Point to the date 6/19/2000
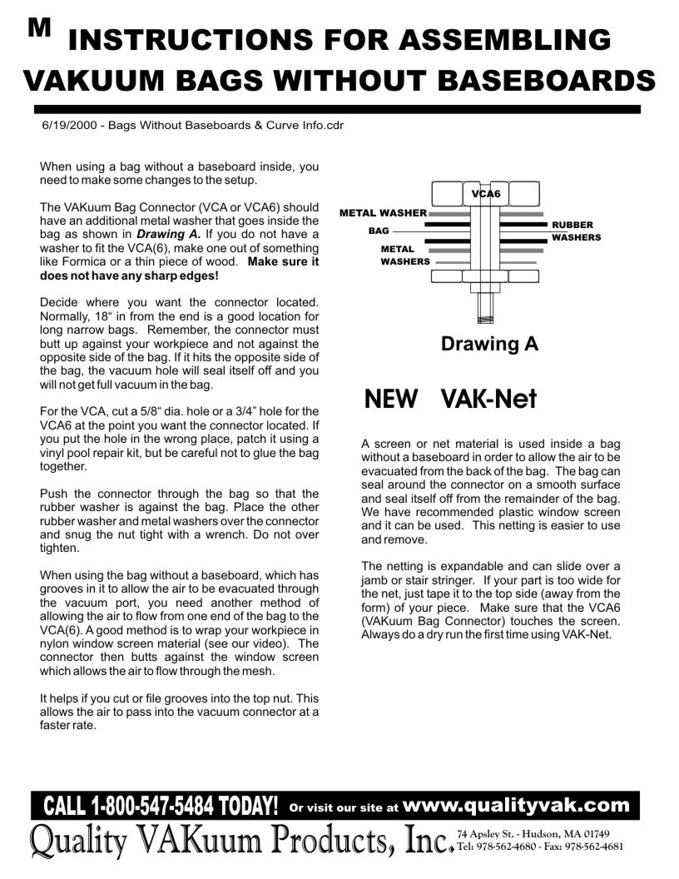(x=67, y=126)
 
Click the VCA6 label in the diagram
(x=486, y=194)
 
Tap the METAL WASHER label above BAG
(x=383, y=213)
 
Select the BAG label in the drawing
(x=379, y=231)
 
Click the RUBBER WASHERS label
(x=576, y=231)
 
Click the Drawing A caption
(x=489, y=343)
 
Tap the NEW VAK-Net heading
(x=451, y=400)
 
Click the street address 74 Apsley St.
(x=492, y=833)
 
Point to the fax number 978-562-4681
(x=594, y=847)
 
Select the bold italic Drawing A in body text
(x=167, y=234)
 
